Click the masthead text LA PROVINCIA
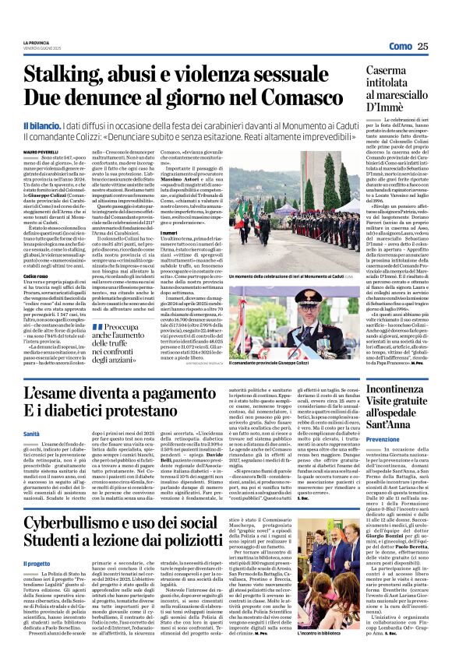pos(36,43)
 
